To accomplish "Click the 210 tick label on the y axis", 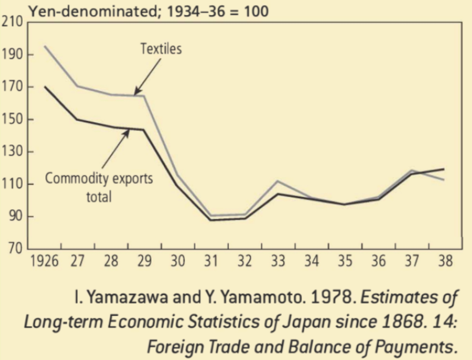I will [x=12, y=22].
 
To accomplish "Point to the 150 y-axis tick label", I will [x=12, y=119].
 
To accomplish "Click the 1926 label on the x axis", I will [x=44, y=261].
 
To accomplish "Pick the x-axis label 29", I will [x=144, y=261].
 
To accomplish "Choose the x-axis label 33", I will [x=278, y=261].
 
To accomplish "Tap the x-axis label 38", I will [x=445, y=261].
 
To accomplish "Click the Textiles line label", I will [x=161, y=49].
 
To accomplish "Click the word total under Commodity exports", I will [x=99, y=197].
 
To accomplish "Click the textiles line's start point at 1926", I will [x=45, y=46].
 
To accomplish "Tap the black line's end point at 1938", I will [x=443, y=169].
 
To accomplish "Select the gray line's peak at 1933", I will [x=278, y=181].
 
